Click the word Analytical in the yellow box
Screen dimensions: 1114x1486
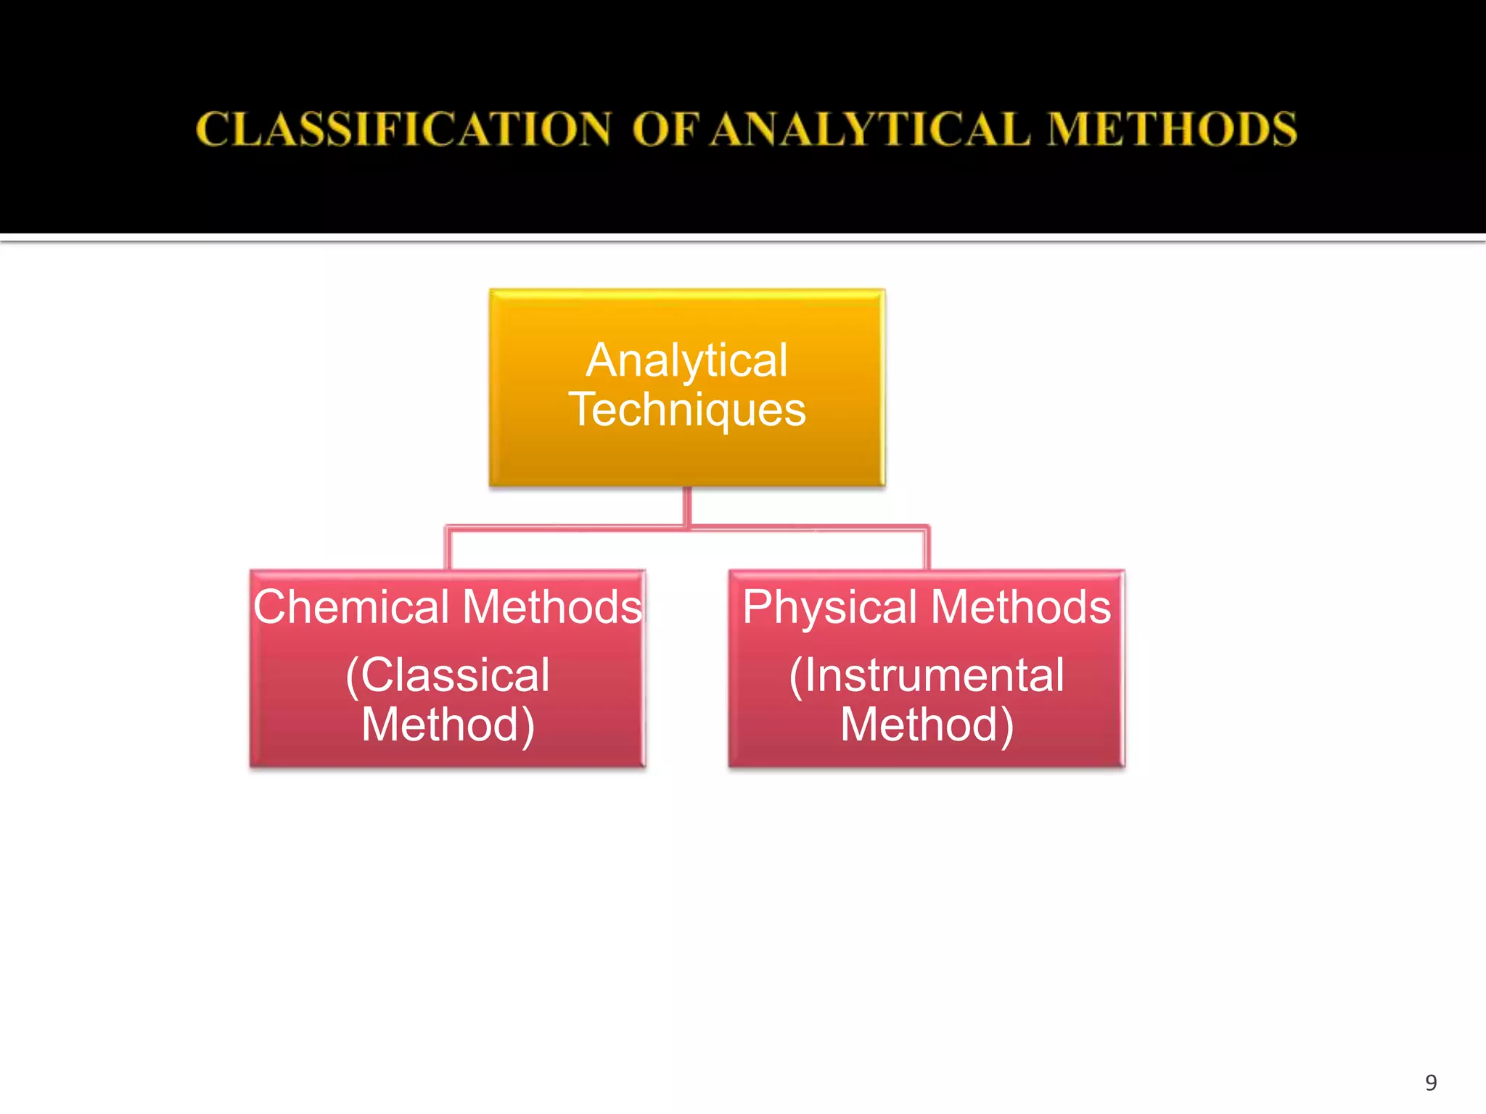click(686, 360)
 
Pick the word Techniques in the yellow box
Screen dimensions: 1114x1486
click(686, 409)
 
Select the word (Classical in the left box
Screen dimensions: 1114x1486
click(448, 675)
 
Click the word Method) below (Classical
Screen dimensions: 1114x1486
click(448, 725)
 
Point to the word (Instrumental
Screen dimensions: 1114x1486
click(927, 675)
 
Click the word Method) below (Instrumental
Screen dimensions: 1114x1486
click(927, 725)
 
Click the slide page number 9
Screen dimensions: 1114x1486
click(1431, 1083)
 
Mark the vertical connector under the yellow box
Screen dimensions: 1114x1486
click(686, 506)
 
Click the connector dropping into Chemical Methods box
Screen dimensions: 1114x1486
click(448, 550)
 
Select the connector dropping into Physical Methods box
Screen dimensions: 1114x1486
click(927, 550)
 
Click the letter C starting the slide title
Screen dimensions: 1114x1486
click(211, 130)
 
